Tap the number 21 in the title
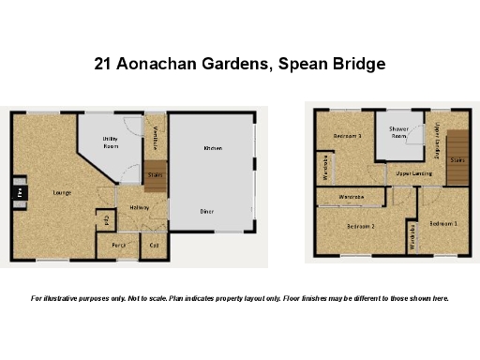click(x=105, y=65)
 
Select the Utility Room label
click(x=111, y=143)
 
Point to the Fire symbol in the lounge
click(x=20, y=193)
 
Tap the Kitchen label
click(x=213, y=148)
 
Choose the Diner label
click(x=207, y=211)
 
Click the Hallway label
click(x=140, y=207)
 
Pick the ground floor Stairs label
click(x=156, y=173)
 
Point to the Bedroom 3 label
click(x=347, y=136)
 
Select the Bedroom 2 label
click(x=361, y=226)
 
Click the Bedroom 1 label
click(x=443, y=223)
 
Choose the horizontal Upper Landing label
click(x=413, y=173)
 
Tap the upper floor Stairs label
click(x=457, y=160)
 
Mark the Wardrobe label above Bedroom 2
click(x=352, y=196)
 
